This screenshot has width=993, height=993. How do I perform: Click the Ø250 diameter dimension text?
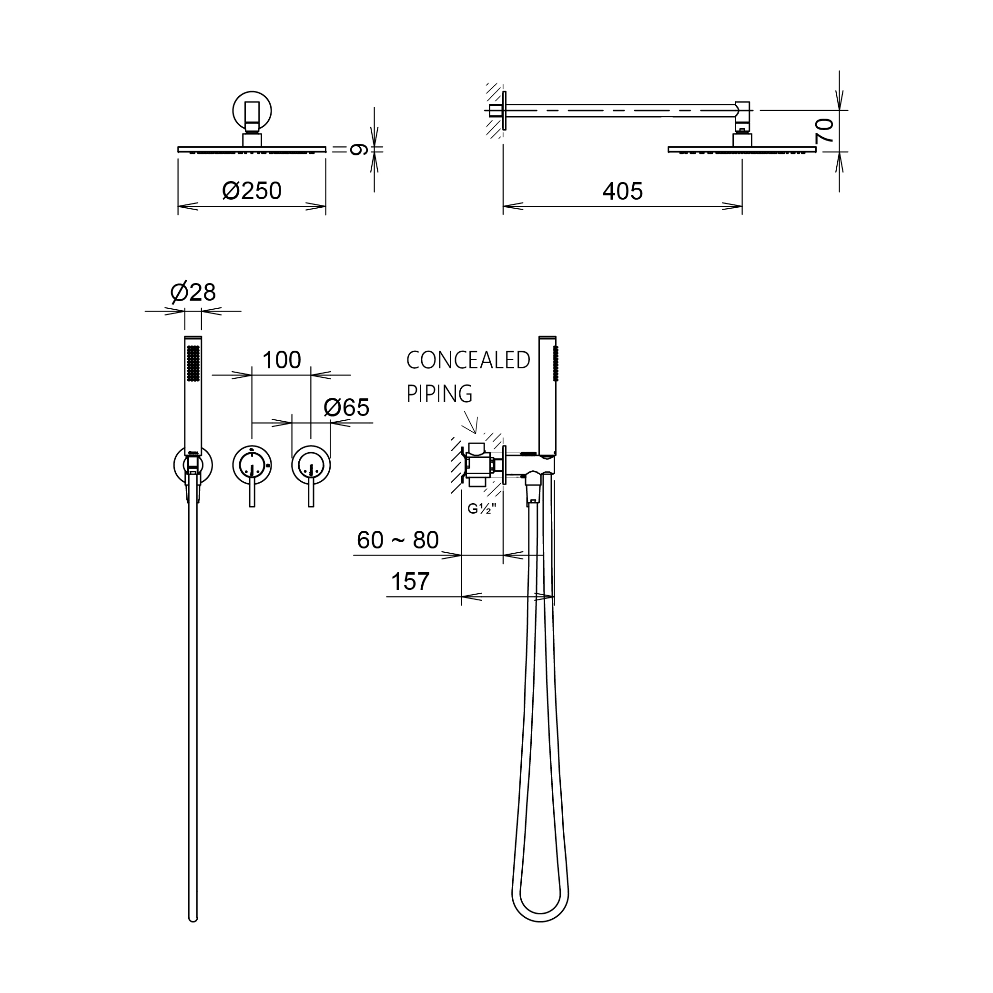(x=252, y=191)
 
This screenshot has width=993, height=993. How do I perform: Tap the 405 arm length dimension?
(x=622, y=191)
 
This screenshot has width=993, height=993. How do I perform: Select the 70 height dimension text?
(x=824, y=131)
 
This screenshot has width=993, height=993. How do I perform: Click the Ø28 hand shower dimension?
(x=193, y=292)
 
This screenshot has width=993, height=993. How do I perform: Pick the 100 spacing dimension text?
(x=281, y=360)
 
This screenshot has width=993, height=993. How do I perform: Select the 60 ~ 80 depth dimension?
(x=398, y=540)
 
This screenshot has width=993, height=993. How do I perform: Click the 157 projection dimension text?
(x=410, y=581)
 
